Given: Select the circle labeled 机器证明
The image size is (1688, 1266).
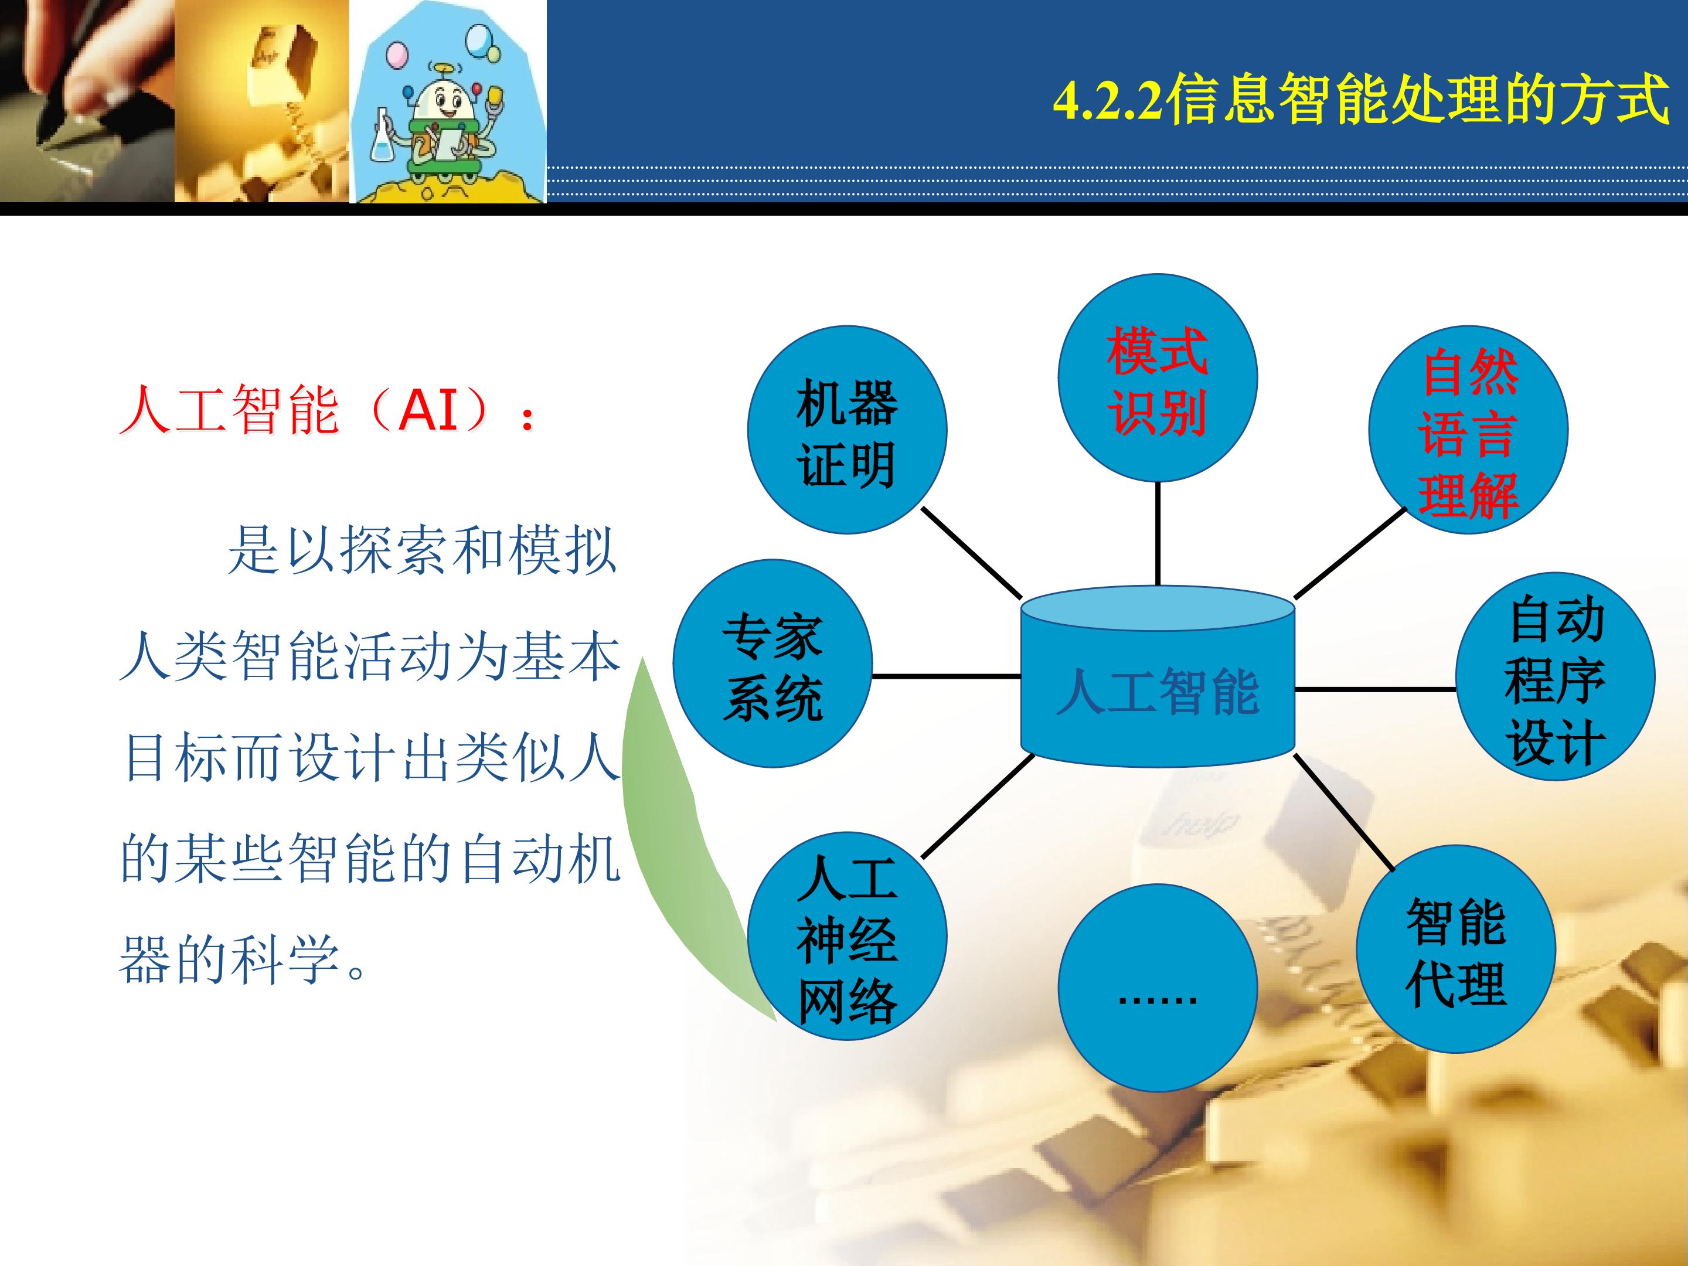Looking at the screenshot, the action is click(847, 430).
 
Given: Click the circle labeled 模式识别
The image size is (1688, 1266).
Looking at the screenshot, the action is click(1158, 377).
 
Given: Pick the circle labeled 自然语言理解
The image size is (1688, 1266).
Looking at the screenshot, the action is click(1468, 430).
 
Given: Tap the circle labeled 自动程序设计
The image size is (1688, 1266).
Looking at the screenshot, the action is click(1555, 677).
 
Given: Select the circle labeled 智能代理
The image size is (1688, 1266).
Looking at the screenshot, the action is click(1456, 949).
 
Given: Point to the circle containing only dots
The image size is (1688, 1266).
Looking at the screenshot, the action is click(1158, 988).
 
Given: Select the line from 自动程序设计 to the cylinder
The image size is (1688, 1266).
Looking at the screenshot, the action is click(1375, 689).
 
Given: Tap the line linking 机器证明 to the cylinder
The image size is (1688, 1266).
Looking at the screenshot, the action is click(971, 553).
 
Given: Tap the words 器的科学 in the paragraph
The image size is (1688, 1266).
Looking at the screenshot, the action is click(230, 958).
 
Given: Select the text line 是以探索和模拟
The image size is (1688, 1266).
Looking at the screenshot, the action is click(422, 549).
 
